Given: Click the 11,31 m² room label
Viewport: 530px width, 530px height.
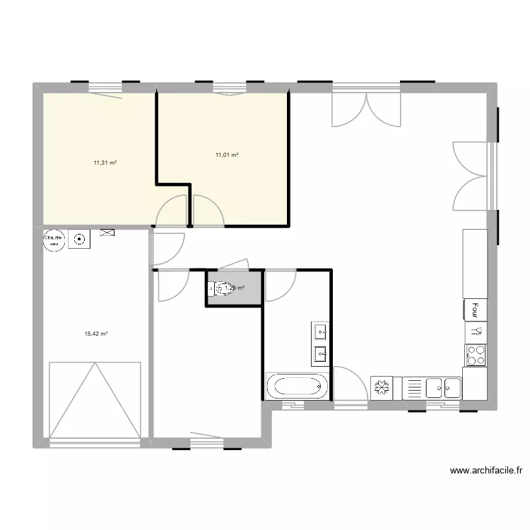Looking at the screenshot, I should coord(105,163).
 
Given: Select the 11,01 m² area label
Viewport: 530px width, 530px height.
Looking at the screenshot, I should coord(227,155).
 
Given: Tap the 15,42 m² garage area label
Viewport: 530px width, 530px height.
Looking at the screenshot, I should coord(95,334).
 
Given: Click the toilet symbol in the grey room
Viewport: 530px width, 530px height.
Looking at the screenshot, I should coord(221,288).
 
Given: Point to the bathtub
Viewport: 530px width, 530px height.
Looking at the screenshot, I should coord(298,387).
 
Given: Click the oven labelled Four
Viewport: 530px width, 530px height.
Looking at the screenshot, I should coord(476,310).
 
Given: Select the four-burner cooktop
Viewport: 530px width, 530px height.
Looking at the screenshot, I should coord(476,355).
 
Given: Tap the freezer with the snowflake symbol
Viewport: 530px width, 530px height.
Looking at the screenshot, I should coord(382,388).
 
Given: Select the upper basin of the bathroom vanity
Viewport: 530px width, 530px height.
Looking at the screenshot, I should coord(320,331).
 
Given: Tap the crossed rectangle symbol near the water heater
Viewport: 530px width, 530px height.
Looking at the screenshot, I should coord(107,232).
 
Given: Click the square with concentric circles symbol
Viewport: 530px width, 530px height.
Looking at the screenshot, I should coord(78,240).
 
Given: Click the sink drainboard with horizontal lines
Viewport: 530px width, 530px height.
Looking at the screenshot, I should coord(413,388).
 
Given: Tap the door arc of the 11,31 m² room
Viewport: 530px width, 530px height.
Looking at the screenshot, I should coord(172,211).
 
